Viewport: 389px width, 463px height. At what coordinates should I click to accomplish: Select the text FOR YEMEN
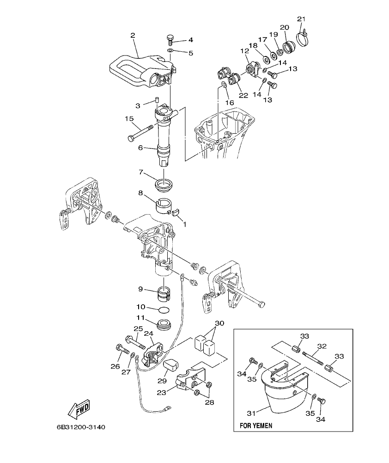pos(256,425)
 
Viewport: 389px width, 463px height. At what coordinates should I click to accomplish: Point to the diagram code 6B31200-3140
pos(81,426)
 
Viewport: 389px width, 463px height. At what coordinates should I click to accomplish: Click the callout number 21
pos(301,19)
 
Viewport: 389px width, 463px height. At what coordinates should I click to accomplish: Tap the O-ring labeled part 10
pos(164,309)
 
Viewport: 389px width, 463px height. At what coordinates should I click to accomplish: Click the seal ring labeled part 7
pos(164,184)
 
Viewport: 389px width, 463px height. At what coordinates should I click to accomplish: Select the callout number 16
pos(226,102)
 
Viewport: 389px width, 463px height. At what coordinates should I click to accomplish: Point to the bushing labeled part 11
pos(164,325)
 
